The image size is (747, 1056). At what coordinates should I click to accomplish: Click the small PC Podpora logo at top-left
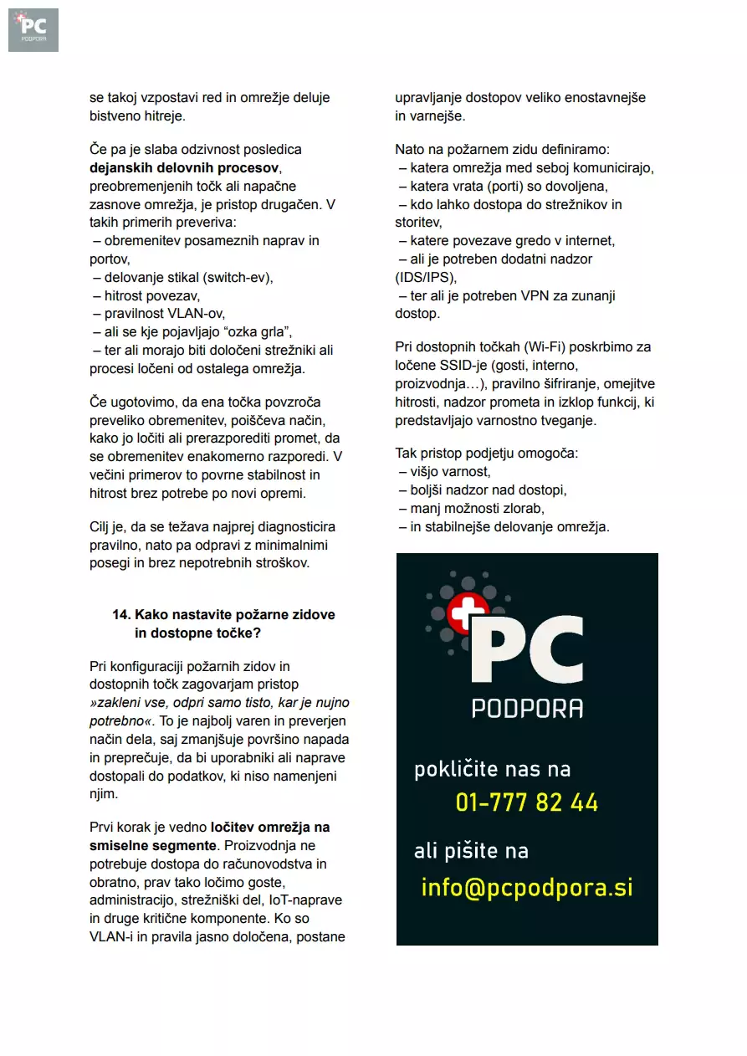[33, 29]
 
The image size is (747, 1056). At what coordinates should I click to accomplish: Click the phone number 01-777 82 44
[527, 802]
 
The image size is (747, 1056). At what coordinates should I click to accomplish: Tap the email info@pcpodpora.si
[527, 887]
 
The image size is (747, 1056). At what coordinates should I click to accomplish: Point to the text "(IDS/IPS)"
[427, 277]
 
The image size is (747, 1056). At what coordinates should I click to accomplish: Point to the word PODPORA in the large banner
[527, 708]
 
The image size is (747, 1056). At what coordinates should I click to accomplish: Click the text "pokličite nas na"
[492, 769]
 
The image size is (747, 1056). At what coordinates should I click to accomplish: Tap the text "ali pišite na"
[471, 851]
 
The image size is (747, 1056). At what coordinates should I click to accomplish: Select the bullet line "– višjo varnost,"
[444, 472]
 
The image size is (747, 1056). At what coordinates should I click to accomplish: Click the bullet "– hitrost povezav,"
[146, 295]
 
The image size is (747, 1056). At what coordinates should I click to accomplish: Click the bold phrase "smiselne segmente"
[153, 845]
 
